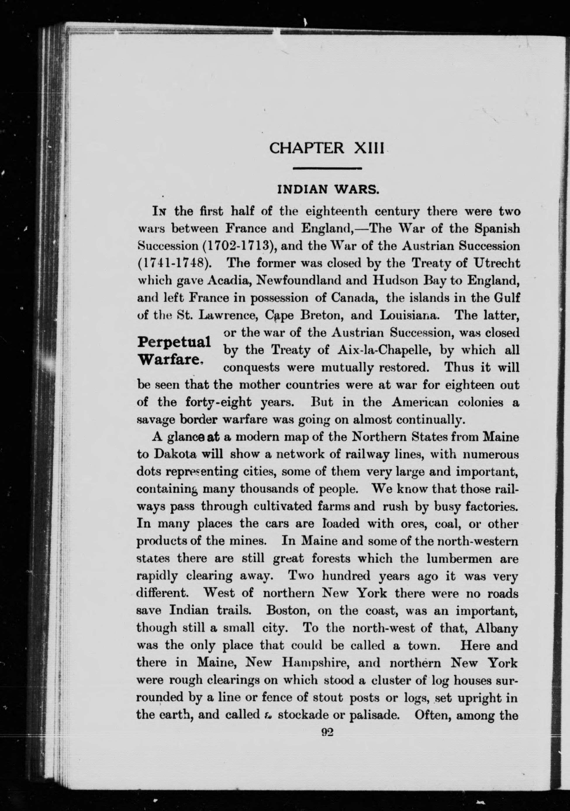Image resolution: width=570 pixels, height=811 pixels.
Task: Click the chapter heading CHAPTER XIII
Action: click(x=326, y=148)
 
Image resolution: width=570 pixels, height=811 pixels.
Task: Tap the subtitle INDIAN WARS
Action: click(x=329, y=190)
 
